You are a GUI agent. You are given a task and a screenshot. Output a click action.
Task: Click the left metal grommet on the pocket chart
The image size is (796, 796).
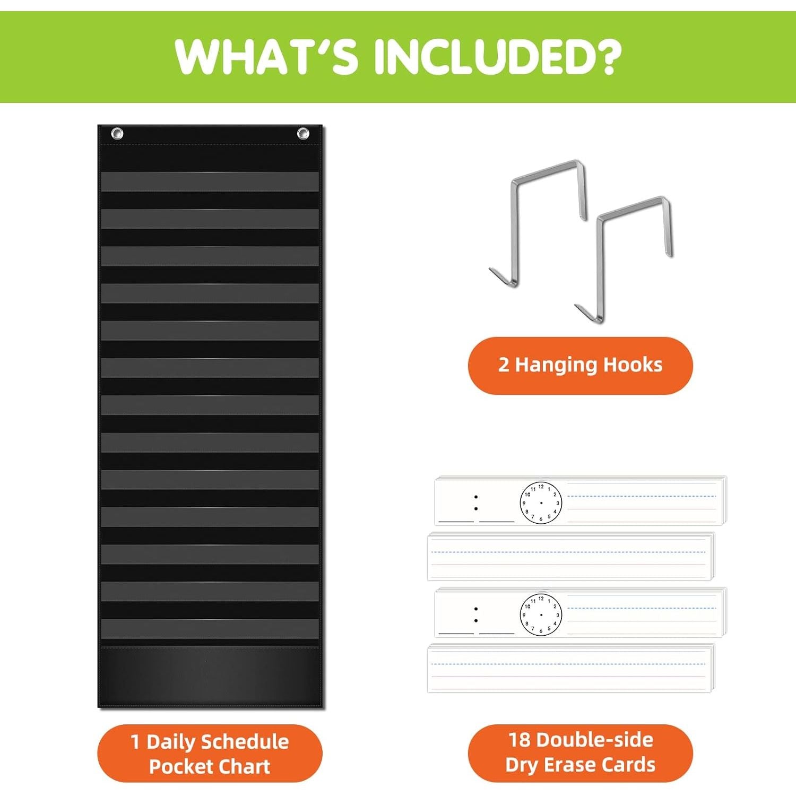[117, 133]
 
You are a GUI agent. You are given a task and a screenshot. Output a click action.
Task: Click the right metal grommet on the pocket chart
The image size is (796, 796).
[302, 133]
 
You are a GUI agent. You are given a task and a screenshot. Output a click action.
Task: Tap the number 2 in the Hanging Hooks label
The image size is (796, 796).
[504, 365]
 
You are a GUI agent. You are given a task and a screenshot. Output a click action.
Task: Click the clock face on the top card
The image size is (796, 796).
[541, 503]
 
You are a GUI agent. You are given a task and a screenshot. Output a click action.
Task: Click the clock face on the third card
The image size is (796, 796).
[541, 615]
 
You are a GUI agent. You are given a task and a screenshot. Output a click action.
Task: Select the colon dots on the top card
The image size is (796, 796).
[476, 503]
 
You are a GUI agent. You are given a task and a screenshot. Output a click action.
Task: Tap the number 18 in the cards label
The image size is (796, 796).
[520, 740]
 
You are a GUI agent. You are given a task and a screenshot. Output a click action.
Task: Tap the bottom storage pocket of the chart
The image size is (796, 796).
[210, 674]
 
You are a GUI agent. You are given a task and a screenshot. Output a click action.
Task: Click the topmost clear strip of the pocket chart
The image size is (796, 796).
[210, 181]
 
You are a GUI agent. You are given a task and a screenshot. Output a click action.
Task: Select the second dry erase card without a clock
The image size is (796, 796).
[571, 668]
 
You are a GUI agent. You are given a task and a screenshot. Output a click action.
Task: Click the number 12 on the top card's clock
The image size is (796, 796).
[541, 486]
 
